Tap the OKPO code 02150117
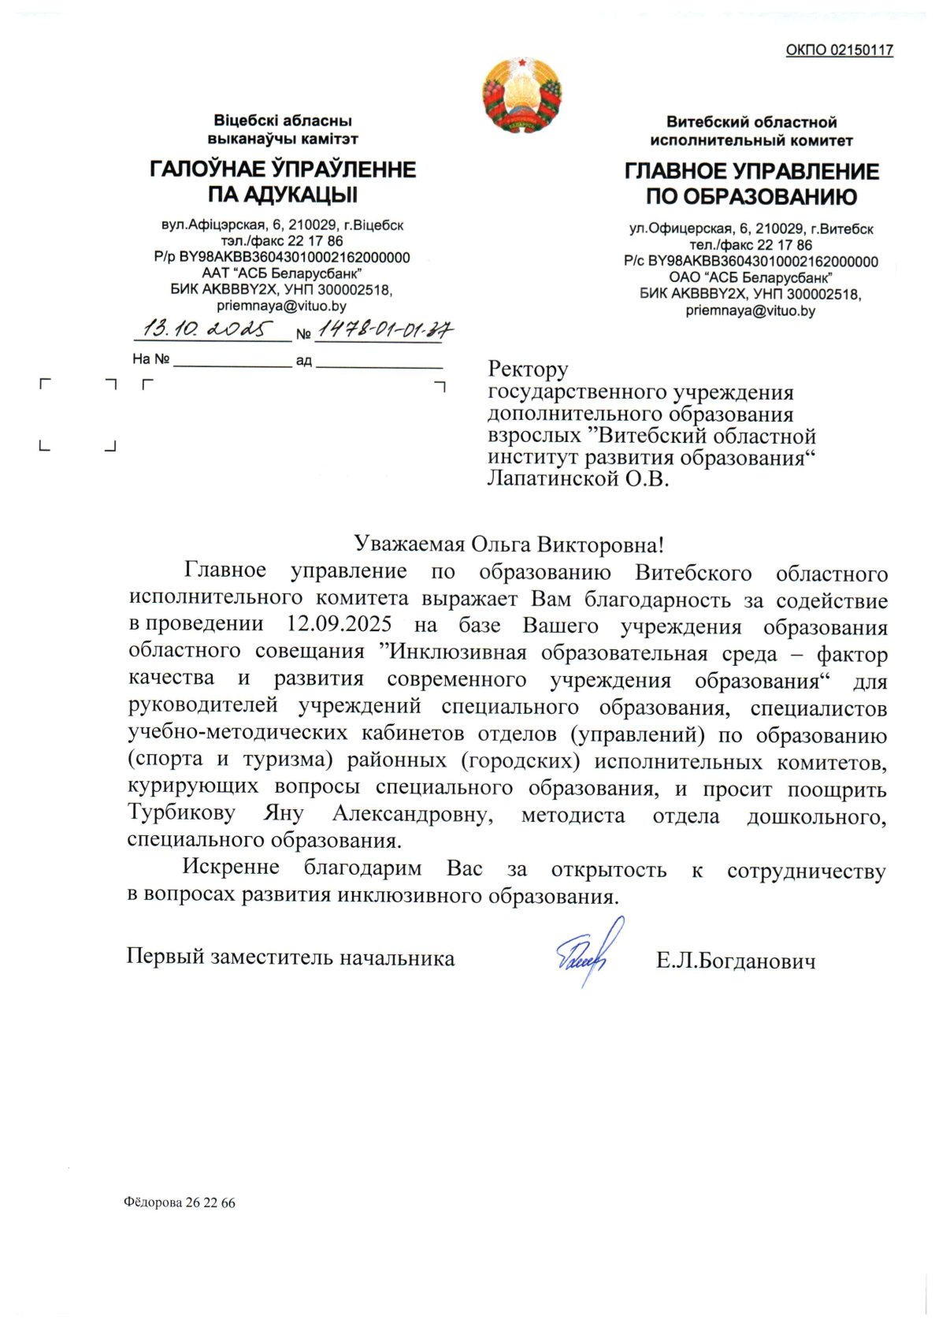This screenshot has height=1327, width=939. (839, 50)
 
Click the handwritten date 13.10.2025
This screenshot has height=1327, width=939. (207, 329)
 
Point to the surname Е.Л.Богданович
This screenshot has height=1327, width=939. (736, 961)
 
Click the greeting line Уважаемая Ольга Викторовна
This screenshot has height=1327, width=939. (509, 544)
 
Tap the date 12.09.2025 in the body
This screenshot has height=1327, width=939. (339, 624)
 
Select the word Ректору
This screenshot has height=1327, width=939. (528, 369)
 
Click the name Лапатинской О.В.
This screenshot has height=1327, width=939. (578, 478)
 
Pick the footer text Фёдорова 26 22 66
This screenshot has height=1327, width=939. (180, 1202)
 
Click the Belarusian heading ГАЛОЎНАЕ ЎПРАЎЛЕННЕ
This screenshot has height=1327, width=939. (283, 169)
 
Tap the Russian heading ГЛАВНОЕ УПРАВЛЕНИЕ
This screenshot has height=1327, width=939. (752, 172)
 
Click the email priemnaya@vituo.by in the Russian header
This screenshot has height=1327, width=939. (750, 310)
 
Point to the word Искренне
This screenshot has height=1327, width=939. (231, 867)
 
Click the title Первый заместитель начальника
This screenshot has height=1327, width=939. (291, 957)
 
